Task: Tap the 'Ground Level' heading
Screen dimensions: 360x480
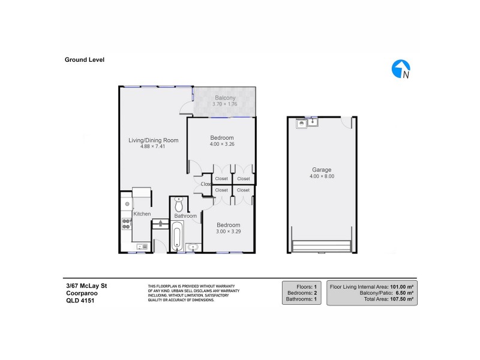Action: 85,59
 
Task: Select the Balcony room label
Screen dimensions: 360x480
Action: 225,98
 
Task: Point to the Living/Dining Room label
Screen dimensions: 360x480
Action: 154,140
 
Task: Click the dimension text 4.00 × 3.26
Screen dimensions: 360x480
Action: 222,143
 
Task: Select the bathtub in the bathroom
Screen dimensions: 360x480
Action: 176,238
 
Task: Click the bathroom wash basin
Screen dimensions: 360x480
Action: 193,247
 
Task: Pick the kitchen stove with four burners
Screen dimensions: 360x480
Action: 127,224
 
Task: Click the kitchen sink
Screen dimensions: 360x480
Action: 142,247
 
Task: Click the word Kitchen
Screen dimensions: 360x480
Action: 142,214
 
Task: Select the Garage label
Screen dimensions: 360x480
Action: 321,170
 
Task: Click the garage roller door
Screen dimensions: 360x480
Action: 321,246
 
